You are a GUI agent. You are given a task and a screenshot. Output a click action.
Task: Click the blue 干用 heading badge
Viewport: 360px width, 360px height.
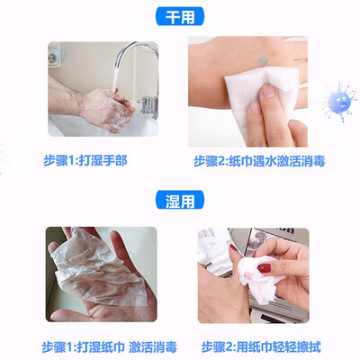[x=180, y=16]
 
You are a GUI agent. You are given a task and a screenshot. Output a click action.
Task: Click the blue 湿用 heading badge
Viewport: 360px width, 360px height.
[x=180, y=200]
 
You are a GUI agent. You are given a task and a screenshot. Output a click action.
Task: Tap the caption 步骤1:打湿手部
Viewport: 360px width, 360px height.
[x=85, y=160]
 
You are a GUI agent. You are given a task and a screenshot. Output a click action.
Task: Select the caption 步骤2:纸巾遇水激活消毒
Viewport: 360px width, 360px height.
[x=259, y=161]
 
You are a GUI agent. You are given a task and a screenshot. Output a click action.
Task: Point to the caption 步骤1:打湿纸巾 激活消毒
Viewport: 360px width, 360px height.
[x=110, y=347]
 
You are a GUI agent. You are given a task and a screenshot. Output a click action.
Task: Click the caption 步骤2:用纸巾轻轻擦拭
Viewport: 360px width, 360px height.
[x=261, y=347]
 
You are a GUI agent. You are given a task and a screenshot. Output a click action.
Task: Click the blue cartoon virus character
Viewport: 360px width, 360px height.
[x=339, y=102]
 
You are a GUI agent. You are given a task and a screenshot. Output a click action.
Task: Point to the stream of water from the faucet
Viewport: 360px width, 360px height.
[x=115, y=78]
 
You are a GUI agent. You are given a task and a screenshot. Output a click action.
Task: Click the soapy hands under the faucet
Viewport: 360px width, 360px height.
[x=106, y=110]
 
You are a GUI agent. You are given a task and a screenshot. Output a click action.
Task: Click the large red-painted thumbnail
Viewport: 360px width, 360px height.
[x=265, y=268]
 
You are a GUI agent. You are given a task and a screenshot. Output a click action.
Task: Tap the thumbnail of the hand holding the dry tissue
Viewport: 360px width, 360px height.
[x=268, y=91]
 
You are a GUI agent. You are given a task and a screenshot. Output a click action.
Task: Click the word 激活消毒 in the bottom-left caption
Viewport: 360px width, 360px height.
[x=153, y=347]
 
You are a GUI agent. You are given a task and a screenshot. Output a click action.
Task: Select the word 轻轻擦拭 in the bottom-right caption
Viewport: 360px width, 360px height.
[x=297, y=347]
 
